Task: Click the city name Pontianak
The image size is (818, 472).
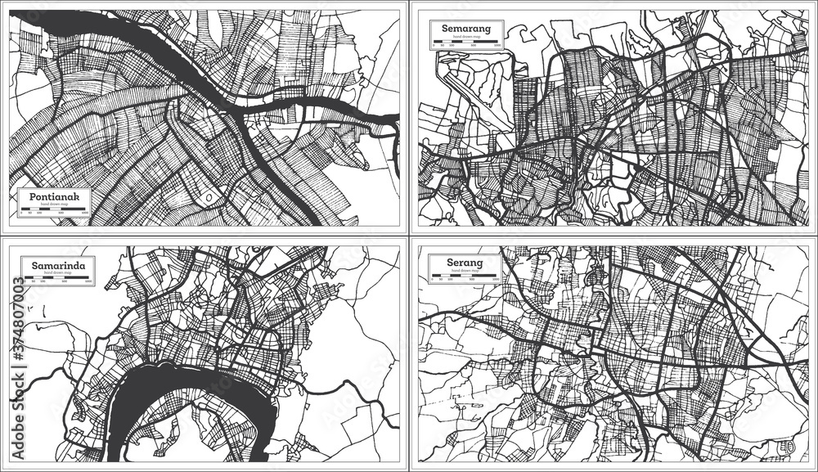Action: coord(54,197)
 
